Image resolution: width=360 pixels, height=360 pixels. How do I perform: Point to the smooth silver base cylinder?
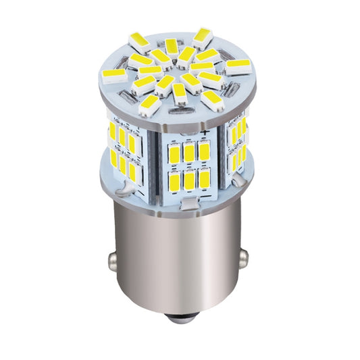pyautogui.click(x=179, y=263)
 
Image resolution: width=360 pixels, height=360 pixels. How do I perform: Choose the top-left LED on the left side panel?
pyautogui.click(x=112, y=130)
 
